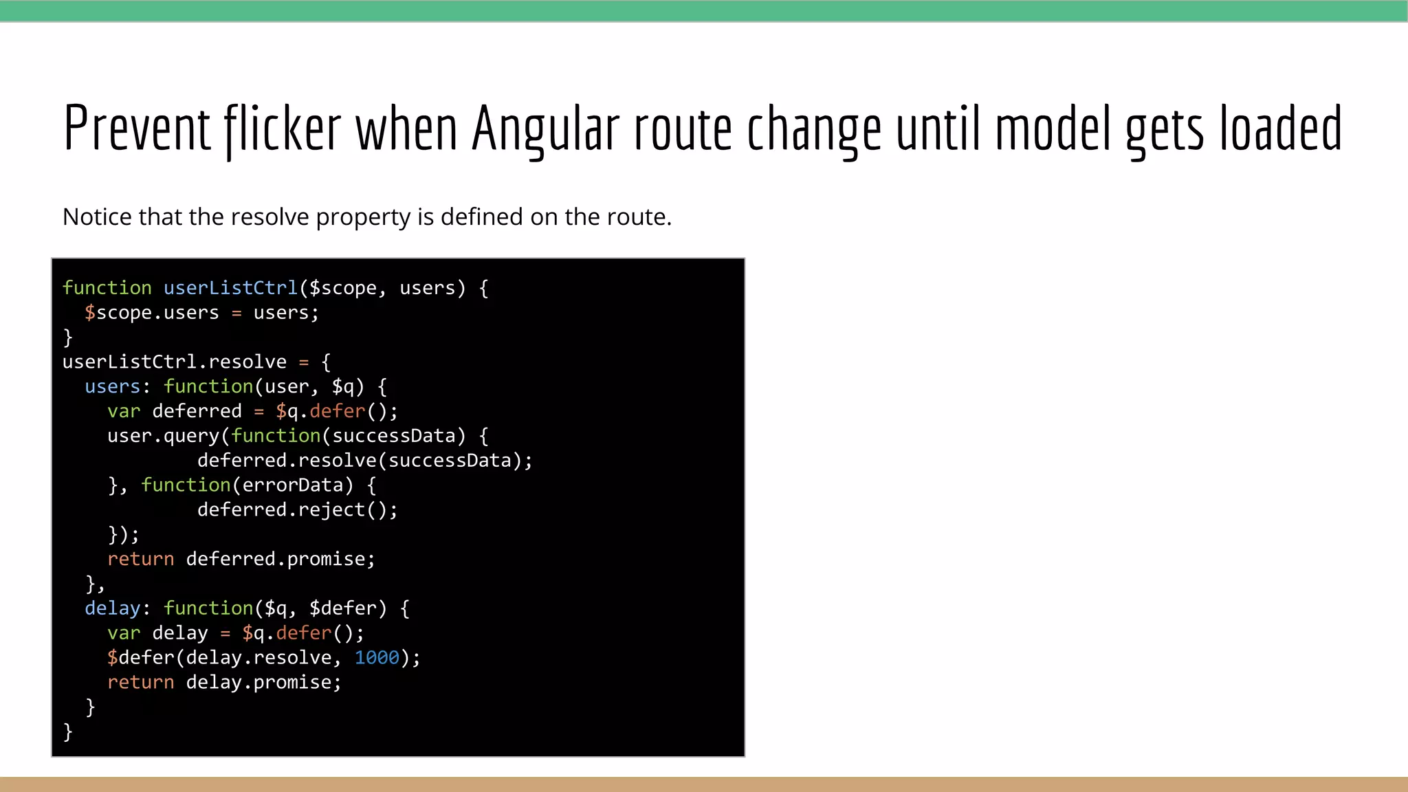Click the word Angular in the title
pyautogui.click(x=545, y=129)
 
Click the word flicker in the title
pyautogui.click(x=283, y=129)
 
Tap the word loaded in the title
pyautogui.click(x=1281, y=129)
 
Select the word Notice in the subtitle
pyautogui.click(x=98, y=217)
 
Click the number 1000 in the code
pyautogui.click(x=377, y=658)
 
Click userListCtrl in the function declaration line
pyautogui.click(x=230, y=288)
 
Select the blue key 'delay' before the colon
pyautogui.click(x=112, y=608)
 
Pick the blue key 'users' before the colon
pyautogui.click(x=112, y=386)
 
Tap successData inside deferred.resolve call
pyautogui.click(x=450, y=461)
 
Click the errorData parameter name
pyautogui.click(x=292, y=485)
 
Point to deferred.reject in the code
pyautogui.click(x=281, y=510)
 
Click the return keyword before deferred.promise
pyautogui.click(x=140, y=559)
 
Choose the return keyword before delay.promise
pyautogui.click(x=140, y=683)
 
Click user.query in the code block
pyautogui.click(x=163, y=436)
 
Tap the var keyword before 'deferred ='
pyautogui.click(x=124, y=411)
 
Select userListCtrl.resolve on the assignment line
pyautogui.click(x=174, y=362)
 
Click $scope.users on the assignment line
pyautogui.click(x=151, y=313)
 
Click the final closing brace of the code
pyautogui.click(x=67, y=731)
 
